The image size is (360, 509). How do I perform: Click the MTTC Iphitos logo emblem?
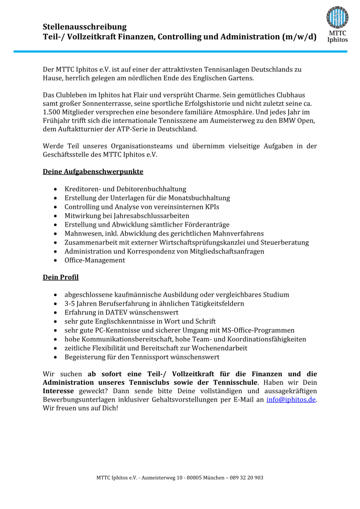[337, 17]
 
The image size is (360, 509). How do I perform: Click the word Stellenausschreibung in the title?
[85, 27]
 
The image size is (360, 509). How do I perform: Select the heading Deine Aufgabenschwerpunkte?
[93, 171]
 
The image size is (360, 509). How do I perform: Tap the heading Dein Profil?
[61, 277]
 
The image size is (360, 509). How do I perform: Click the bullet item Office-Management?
[95, 260]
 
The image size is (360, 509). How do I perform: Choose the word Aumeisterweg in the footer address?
[158, 478]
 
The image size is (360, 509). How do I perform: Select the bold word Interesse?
[61, 391]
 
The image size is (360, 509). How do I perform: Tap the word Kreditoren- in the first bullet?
[83, 189]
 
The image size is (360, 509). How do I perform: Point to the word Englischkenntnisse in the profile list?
[127, 321]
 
